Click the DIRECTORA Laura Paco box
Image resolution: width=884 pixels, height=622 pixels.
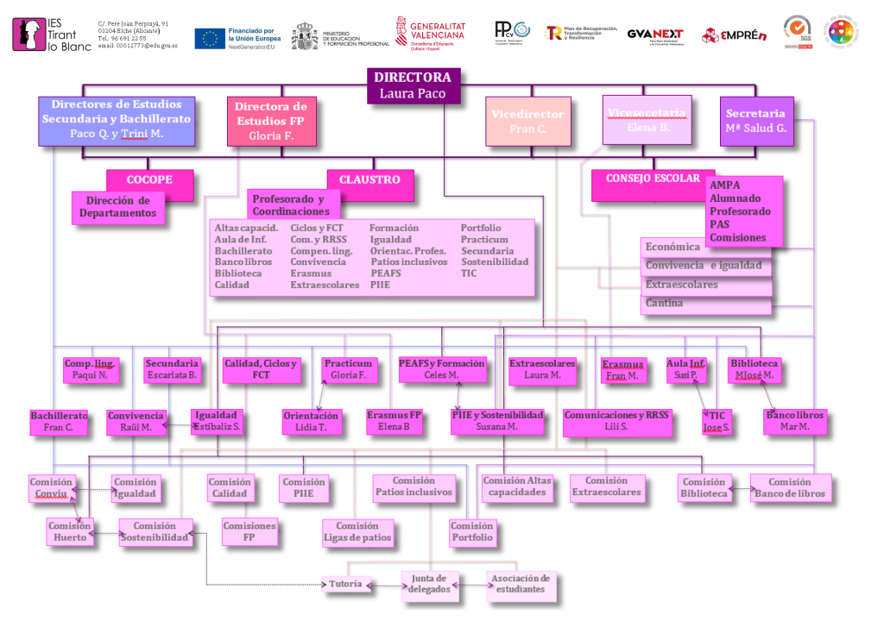(413, 85)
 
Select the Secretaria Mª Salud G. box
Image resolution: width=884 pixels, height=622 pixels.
(755, 121)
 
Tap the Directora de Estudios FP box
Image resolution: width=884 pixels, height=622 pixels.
(271, 121)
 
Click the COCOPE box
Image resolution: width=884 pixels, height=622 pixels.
(149, 180)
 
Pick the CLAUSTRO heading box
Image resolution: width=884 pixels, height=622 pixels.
(369, 180)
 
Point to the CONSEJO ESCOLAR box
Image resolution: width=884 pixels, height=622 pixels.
(653, 179)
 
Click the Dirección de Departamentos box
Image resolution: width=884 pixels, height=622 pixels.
(117, 207)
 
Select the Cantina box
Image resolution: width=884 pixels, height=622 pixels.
(705, 305)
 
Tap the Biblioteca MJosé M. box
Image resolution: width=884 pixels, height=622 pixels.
(754, 369)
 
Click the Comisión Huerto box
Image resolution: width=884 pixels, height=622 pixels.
(69, 531)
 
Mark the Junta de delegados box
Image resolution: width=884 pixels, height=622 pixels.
(428, 584)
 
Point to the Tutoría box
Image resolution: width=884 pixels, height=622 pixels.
(345, 585)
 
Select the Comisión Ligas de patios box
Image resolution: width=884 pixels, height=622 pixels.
(357, 532)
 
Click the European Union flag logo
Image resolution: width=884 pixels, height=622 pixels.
(211, 36)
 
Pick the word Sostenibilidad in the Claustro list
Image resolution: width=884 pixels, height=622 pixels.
(494, 261)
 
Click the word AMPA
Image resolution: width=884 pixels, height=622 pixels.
(723, 185)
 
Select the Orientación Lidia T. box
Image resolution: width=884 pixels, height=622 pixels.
(312, 421)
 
